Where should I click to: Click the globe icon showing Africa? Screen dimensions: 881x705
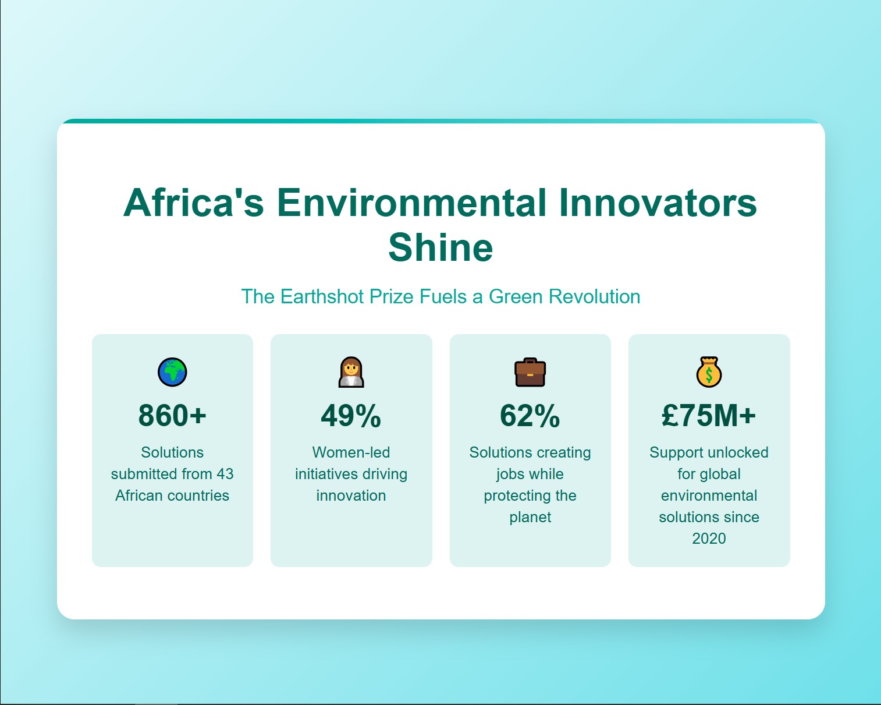tap(172, 372)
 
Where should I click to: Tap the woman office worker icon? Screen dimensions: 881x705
tap(351, 372)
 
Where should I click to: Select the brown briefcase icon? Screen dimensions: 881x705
tap(530, 372)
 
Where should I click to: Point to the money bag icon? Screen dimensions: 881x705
tap(709, 372)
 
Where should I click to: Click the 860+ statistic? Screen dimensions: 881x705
tap(172, 416)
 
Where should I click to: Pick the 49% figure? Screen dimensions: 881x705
tap(351, 416)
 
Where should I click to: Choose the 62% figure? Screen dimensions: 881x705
tap(530, 416)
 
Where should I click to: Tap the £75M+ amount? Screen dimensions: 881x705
tap(709, 416)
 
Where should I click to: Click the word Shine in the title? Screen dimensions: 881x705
tap(440, 247)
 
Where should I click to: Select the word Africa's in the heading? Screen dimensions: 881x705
tap(194, 203)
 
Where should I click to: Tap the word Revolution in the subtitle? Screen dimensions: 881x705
tap(595, 296)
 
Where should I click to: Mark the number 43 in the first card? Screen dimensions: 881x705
tap(225, 474)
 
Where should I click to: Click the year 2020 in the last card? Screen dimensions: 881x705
tap(709, 539)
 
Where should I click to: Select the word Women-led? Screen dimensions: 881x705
tap(351, 452)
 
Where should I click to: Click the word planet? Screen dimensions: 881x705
tap(530, 518)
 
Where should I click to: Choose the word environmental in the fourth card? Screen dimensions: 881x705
tap(709, 495)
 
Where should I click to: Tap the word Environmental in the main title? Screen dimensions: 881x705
tap(412, 203)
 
